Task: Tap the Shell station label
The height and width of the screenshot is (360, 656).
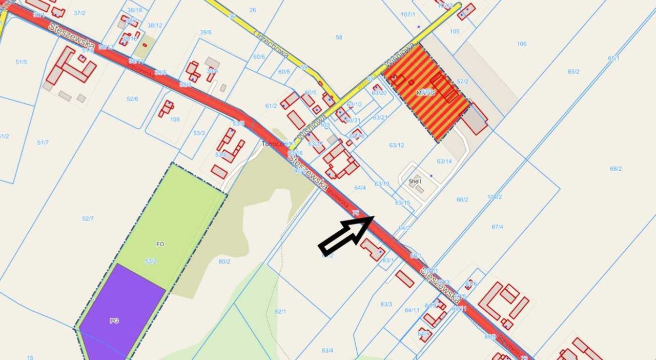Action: tap(415, 182)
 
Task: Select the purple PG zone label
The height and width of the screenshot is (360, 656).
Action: tap(114, 321)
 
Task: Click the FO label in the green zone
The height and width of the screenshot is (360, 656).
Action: tap(160, 244)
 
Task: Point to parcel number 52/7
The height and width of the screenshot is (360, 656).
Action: tap(88, 219)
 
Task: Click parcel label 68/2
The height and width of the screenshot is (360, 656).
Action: tap(616, 169)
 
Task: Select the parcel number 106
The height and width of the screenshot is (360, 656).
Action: tap(521, 44)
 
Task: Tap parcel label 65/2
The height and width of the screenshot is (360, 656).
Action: tap(573, 71)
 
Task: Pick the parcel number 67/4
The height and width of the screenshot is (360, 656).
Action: tap(497, 227)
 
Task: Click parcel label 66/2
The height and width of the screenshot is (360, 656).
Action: tap(462, 199)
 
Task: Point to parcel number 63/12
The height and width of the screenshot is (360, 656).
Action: tap(396, 145)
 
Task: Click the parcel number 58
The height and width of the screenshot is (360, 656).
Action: tap(339, 37)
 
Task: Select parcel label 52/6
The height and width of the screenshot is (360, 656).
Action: tap(132, 99)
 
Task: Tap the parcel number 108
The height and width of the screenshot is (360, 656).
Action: tap(175, 119)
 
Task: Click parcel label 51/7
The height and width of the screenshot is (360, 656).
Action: tap(43, 142)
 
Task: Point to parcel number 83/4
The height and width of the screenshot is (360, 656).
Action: tap(327, 350)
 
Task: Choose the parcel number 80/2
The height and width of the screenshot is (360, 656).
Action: tap(224, 262)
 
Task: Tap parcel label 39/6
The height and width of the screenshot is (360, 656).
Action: tap(206, 32)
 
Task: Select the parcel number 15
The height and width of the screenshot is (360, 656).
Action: tap(30, 357)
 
